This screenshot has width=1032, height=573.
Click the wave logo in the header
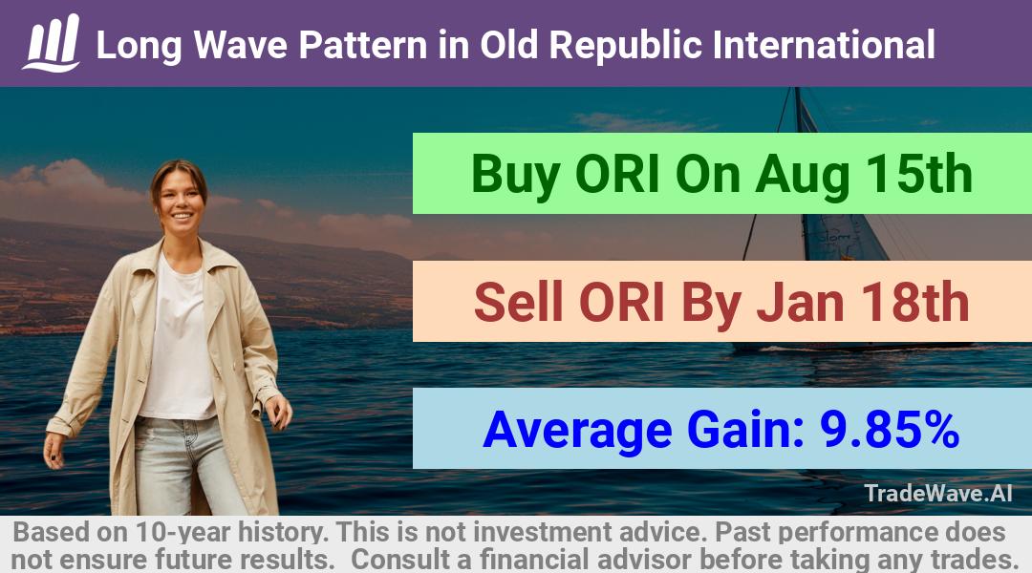click(x=52, y=43)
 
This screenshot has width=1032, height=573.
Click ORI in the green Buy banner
click(x=616, y=174)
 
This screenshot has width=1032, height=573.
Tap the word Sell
click(x=518, y=302)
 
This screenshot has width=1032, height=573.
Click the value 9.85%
click(x=889, y=430)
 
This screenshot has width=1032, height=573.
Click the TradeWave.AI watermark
click(x=938, y=493)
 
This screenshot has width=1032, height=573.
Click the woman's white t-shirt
click(x=178, y=342)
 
